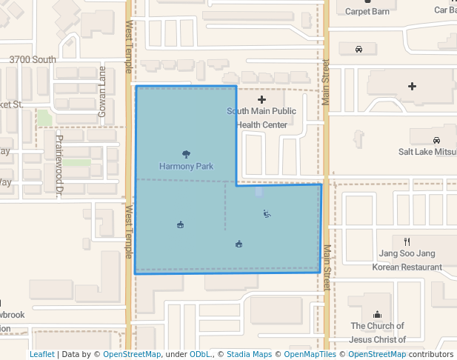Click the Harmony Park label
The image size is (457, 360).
tap(186, 167)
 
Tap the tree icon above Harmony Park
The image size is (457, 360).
tap(186, 155)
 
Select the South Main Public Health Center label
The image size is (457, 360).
tap(261, 118)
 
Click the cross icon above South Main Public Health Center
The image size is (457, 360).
tap(261, 99)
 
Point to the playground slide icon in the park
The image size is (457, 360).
tap(267, 214)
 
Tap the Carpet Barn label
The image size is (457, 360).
tap(367, 11)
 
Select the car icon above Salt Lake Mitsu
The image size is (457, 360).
tap(436, 139)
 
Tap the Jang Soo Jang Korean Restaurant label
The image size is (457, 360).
tap(407, 260)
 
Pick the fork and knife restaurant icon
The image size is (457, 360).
tap(407, 241)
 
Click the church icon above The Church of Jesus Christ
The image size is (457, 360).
tap(377, 314)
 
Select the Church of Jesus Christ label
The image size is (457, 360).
tap(377, 333)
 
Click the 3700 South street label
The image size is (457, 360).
tap(33, 59)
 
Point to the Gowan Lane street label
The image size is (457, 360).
tap(103, 93)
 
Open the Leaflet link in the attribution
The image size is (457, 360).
tap(41, 355)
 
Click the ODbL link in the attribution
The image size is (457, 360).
tap(201, 355)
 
